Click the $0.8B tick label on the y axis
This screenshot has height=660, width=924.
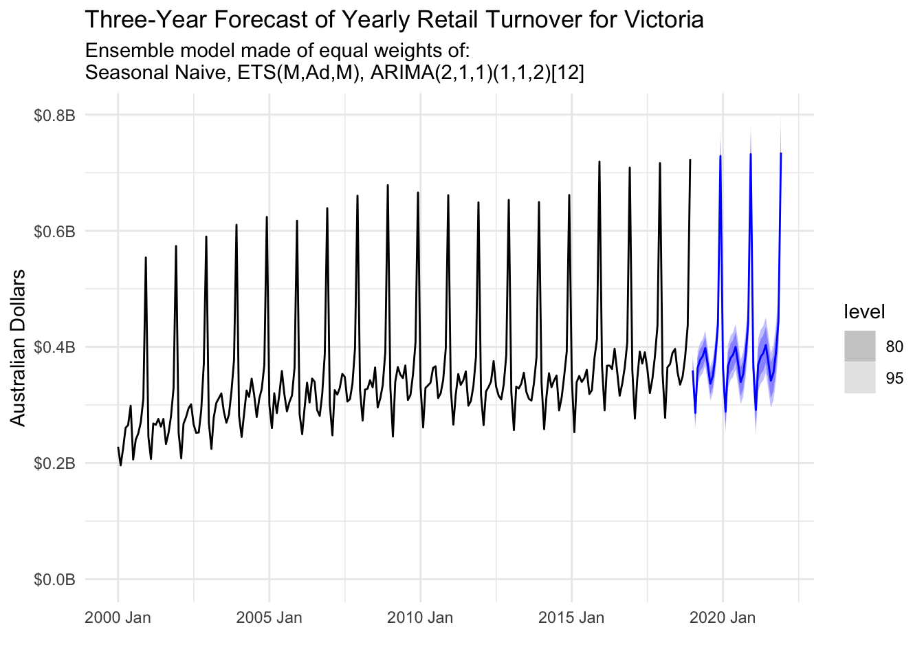[54, 115]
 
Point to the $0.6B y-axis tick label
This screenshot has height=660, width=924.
[54, 231]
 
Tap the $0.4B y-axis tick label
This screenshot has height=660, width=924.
[54, 347]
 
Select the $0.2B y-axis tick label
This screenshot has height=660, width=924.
[54, 463]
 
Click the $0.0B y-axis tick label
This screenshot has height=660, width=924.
[54, 580]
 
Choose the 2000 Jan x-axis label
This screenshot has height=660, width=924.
[118, 617]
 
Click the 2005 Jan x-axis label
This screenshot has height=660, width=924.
[269, 617]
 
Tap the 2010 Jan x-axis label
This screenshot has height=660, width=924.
[420, 617]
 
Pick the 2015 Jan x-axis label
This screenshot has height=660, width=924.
[571, 617]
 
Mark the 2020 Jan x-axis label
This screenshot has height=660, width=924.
[723, 617]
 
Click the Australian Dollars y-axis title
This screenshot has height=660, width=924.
[19, 348]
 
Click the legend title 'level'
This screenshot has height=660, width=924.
[864, 312]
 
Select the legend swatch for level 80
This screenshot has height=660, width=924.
[860, 346]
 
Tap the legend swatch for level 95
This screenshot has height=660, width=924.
[860, 378]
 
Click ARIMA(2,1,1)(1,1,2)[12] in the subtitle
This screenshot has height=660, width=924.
[477, 73]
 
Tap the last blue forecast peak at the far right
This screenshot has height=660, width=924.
[781, 154]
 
